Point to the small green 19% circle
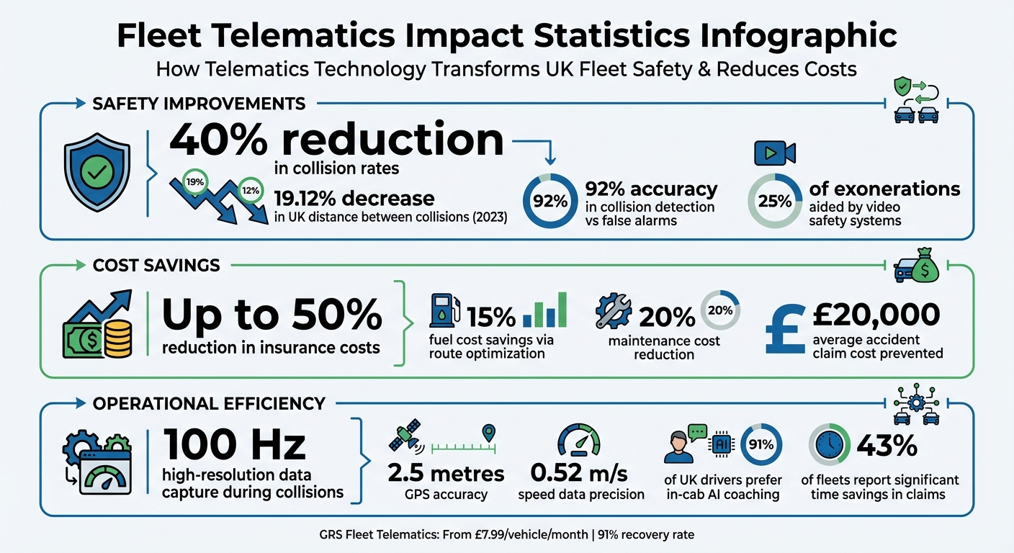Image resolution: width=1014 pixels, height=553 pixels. [x=194, y=182]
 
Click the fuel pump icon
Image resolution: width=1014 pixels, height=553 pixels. [x=444, y=312]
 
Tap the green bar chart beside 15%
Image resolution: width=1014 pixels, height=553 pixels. [x=545, y=311]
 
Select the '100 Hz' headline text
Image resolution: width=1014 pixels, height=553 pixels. [x=235, y=446]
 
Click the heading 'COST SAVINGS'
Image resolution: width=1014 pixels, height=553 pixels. [x=156, y=265]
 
